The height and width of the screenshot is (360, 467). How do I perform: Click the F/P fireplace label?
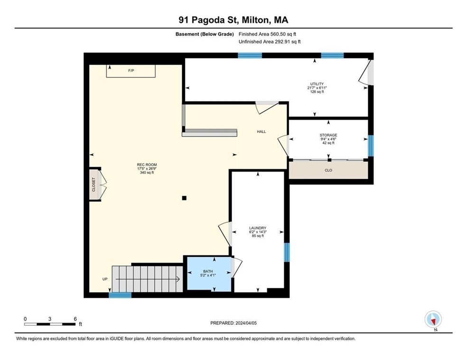pyautogui.click(x=131, y=71)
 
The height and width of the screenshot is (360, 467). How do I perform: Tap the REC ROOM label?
pyautogui.click(x=147, y=165)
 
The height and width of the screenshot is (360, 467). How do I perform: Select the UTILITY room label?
pyautogui.click(x=317, y=84)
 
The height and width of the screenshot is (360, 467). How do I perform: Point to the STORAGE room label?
pyautogui.click(x=328, y=135)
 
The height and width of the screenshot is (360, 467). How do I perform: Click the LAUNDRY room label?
pyautogui.click(x=258, y=228)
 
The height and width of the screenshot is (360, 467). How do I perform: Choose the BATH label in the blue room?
pyautogui.click(x=208, y=272)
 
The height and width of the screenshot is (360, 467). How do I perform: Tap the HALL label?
pyautogui.click(x=262, y=132)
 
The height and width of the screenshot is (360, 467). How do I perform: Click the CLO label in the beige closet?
pyautogui.click(x=328, y=171)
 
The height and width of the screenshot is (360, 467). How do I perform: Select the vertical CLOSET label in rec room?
pyautogui.click(x=93, y=184)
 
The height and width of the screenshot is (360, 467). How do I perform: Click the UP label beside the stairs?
pyautogui.click(x=105, y=279)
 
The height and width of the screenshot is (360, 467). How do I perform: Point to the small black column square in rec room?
pyautogui.click(x=184, y=198)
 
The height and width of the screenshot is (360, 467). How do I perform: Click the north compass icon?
pyautogui.click(x=433, y=320)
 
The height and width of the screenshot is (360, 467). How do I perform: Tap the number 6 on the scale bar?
pyautogui.click(x=75, y=319)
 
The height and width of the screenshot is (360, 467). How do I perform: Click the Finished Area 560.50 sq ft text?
pyautogui.click(x=268, y=34)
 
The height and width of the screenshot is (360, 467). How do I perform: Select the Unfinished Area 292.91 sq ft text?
pyautogui.click(x=270, y=42)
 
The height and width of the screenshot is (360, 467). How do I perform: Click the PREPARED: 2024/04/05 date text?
pyautogui.click(x=233, y=323)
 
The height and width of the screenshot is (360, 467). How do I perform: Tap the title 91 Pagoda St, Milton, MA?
pyautogui.click(x=233, y=20)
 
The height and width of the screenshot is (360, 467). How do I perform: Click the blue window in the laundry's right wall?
pyautogui.click(x=287, y=252)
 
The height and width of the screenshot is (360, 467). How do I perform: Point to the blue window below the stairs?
pyautogui.click(x=120, y=295)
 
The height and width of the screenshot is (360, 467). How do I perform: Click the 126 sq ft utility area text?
pyautogui.click(x=317, y=92)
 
